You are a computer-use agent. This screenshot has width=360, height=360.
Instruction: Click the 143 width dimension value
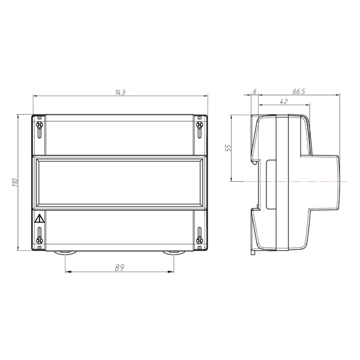pos(120,92)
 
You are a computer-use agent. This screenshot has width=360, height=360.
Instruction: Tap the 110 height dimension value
pos(15,182)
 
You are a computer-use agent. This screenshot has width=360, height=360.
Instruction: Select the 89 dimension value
pos(119,268)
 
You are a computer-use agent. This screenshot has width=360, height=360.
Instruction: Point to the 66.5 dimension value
pos(299,92)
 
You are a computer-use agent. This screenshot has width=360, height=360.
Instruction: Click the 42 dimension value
pos(284,101)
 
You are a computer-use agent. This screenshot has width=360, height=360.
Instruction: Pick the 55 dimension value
pos(228,148)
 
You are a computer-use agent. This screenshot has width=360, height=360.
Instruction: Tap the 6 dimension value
pos(254,92)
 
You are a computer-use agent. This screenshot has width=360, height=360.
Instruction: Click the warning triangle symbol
pos(39,218)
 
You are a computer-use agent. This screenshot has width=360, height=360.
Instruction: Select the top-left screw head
pos(40,125)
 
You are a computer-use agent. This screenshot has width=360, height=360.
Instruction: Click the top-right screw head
pos(199,125)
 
